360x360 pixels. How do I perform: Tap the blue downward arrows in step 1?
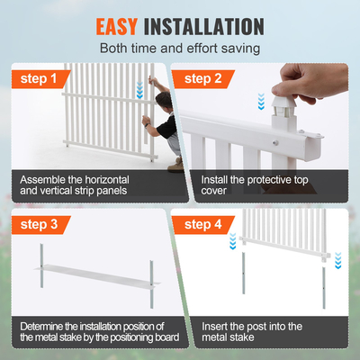[x=138, y=91]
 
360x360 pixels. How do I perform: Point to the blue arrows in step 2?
[x=260, y=102]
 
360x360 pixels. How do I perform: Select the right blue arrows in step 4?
[x=338, y=261]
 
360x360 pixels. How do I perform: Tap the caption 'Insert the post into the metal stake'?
[x=252, y=332]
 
